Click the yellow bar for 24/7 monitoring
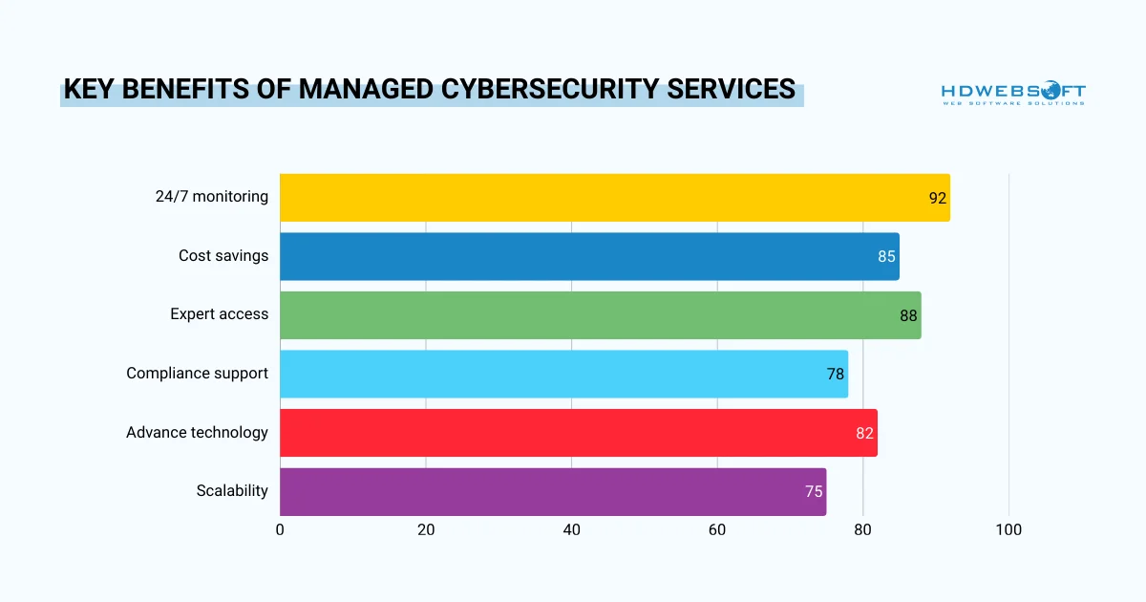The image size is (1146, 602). tap(611, 198)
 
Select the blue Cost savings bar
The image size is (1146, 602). tap(587, 256)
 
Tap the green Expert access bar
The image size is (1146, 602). tap(600, 315)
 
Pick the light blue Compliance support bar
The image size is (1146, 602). tap(563, 374)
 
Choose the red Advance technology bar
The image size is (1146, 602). tap(578, 433)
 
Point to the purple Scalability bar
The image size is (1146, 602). tap(552, 491)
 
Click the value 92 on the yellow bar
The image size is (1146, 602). tap(937, 199)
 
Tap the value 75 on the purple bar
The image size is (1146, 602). tap(814, 492)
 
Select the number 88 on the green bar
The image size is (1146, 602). tap(908, 316)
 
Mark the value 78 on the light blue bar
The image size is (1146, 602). tap(836, 375)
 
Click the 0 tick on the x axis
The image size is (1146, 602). tap(280, 530)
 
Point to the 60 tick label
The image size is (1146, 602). tap(717, 530)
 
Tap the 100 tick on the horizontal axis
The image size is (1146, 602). tap(1008, 530)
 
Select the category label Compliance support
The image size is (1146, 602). tap(197, 374)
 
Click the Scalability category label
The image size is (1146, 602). tap(232, 491)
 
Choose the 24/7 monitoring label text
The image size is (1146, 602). tap(211, 197)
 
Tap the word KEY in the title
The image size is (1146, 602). tap(89, 90)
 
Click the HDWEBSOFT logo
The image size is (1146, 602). tap(1013, 93)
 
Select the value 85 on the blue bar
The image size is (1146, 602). tap(887, 257)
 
